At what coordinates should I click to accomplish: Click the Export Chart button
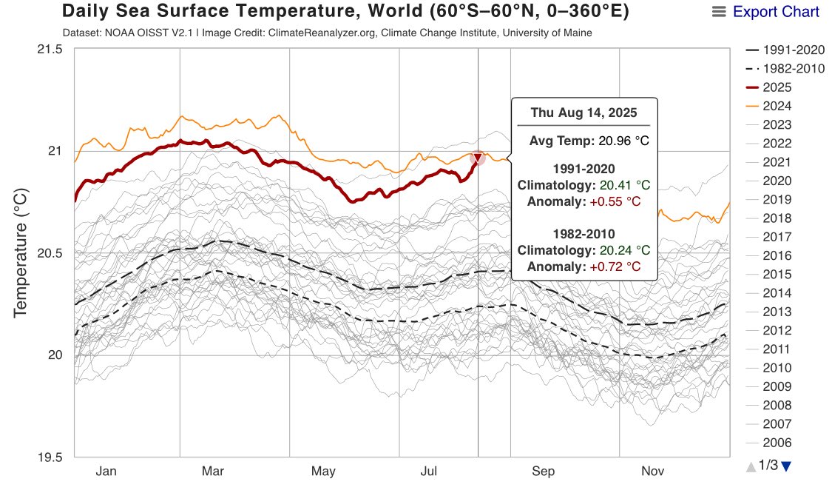point(766,12)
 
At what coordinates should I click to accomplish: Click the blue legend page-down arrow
point(786,466)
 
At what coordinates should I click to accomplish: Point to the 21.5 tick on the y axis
point(50,50)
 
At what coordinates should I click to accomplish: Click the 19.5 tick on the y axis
point(50,457)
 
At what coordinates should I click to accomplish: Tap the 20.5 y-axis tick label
point(50,253)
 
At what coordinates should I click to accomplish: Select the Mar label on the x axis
point(213,472)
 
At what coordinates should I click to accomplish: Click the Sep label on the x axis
point(543,472)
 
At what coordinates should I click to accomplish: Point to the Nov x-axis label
point(652,472)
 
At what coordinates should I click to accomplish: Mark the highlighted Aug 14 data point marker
point(478,158)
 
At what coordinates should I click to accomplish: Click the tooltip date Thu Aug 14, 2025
point(584,113)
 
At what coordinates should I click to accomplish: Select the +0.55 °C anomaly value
point(613,201)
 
